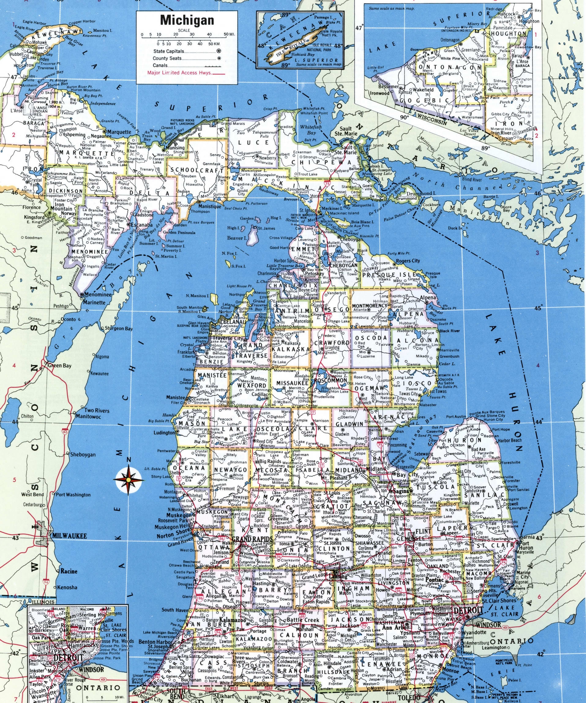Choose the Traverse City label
click(x=234, y=338)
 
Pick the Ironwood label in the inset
click(x=379, y=93)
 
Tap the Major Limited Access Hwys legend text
click(x=176, y=72)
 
